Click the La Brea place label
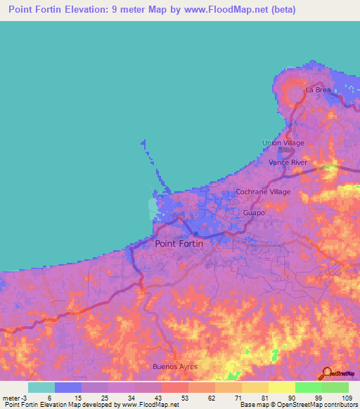click(317, 90)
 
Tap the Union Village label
click(283, 143)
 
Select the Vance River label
click(288, 162)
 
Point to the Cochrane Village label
click(263, 191)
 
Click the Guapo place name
click(254, 212)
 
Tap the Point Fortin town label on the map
click(179, 243)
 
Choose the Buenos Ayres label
click(175, 367)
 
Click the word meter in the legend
click(12, 397)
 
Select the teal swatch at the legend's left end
click(41, 387)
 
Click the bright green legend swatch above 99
click(308, 387)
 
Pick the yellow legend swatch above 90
click(281, 387)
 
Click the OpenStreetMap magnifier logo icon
click(326, 372)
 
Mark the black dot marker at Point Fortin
click(196, 235)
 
